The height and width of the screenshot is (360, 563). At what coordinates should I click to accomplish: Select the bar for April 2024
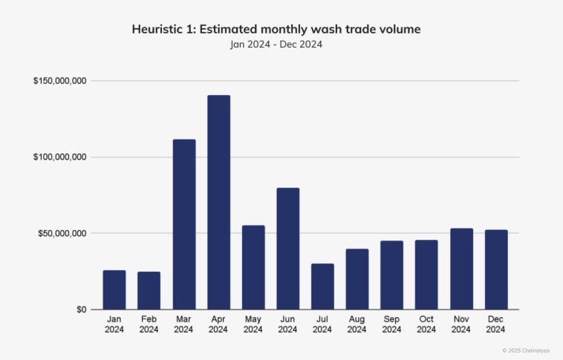coord(218,203)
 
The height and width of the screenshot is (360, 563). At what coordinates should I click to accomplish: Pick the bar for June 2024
coord(288,249)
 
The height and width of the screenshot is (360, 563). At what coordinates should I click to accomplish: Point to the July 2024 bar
coord(322,287)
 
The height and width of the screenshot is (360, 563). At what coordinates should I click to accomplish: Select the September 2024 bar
coord(392,275)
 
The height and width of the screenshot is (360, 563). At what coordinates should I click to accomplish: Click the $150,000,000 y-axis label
coord(59,81)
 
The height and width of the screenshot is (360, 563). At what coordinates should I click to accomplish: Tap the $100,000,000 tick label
coord(59,157)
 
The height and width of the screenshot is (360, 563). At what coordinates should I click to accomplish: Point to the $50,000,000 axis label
coord(62,233)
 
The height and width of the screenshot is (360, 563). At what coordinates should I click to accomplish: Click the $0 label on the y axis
coord(80,310)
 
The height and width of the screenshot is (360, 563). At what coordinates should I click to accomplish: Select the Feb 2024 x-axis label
coord(149,324)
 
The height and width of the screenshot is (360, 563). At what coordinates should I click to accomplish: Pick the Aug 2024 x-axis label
coord(357,324)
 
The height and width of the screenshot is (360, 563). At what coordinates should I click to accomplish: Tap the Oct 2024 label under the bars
coord(426,324)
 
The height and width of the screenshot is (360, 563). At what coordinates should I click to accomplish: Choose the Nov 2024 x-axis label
coord(461,324)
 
